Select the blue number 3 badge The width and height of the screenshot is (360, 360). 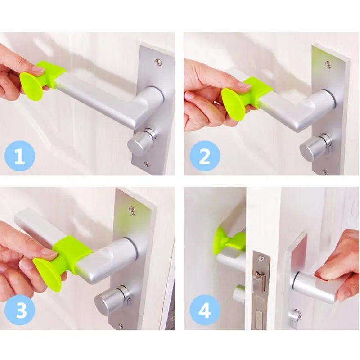[20, 310]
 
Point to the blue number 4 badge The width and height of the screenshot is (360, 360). [205, 310]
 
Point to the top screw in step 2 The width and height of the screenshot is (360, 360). [328, 64]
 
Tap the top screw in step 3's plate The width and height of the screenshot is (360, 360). [132, 210]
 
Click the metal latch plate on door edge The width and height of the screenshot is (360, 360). [260, 288]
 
